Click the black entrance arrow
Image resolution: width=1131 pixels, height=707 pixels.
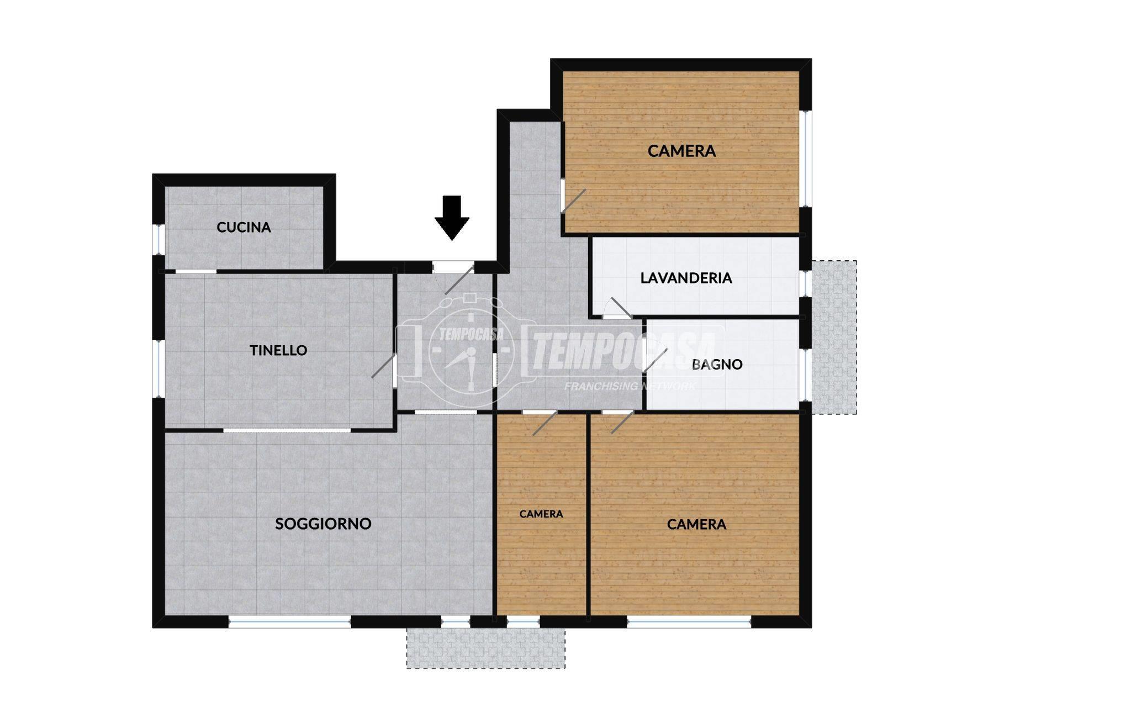(452, 218)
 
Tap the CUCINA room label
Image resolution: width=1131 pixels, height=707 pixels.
(244, 227)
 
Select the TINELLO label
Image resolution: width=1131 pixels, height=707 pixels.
(278, 350)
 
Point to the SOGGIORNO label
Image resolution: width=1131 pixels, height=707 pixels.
(323, 524)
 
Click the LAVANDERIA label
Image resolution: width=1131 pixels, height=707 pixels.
(686, 278)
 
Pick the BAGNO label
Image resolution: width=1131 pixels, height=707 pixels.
(717, 365)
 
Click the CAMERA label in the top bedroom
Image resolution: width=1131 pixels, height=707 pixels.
(681, 151)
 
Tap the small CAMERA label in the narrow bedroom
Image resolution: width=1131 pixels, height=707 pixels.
(541, 514)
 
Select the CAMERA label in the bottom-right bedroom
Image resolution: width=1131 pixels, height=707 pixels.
(696, 524)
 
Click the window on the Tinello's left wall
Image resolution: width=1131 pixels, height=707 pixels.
(158, 368)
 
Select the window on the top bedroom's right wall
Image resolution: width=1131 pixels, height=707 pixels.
(806, 159)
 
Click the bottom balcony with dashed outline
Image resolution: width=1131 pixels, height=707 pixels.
(486, 647)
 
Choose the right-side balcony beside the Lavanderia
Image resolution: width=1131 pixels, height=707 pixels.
(834, 337)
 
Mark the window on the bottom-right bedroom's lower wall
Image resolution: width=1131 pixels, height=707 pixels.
(689, 622)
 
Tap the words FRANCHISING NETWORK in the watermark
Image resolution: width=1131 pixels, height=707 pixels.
(630, 386)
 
